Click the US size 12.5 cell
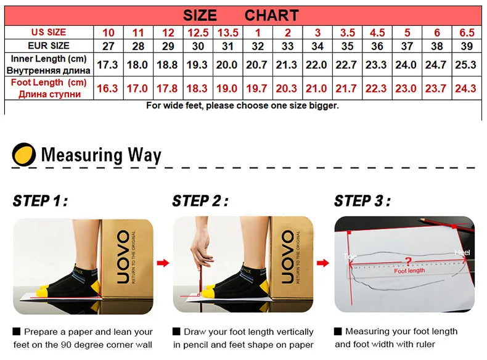tap(198, 33)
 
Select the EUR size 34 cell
tap(317, 46)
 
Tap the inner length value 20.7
tap(256, 65)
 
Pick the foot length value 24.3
tap(465, 89)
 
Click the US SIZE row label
tap(49, 32)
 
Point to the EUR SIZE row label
tap(49, 46)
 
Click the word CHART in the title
tap(271, 15)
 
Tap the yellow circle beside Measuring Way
tap(24, 154)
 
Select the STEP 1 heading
tap(40, 201)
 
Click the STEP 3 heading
tap(362, 201)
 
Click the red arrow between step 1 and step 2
tap(163, 263)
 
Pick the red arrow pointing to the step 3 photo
tap(323, 263)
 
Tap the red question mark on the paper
tap(409, 262)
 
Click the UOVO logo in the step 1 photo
tap(123, 256)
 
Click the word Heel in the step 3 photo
tap(462, 253)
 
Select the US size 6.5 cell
tap(467, 33)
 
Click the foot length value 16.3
tap(107, 89)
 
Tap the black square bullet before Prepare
tap(17, 332)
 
